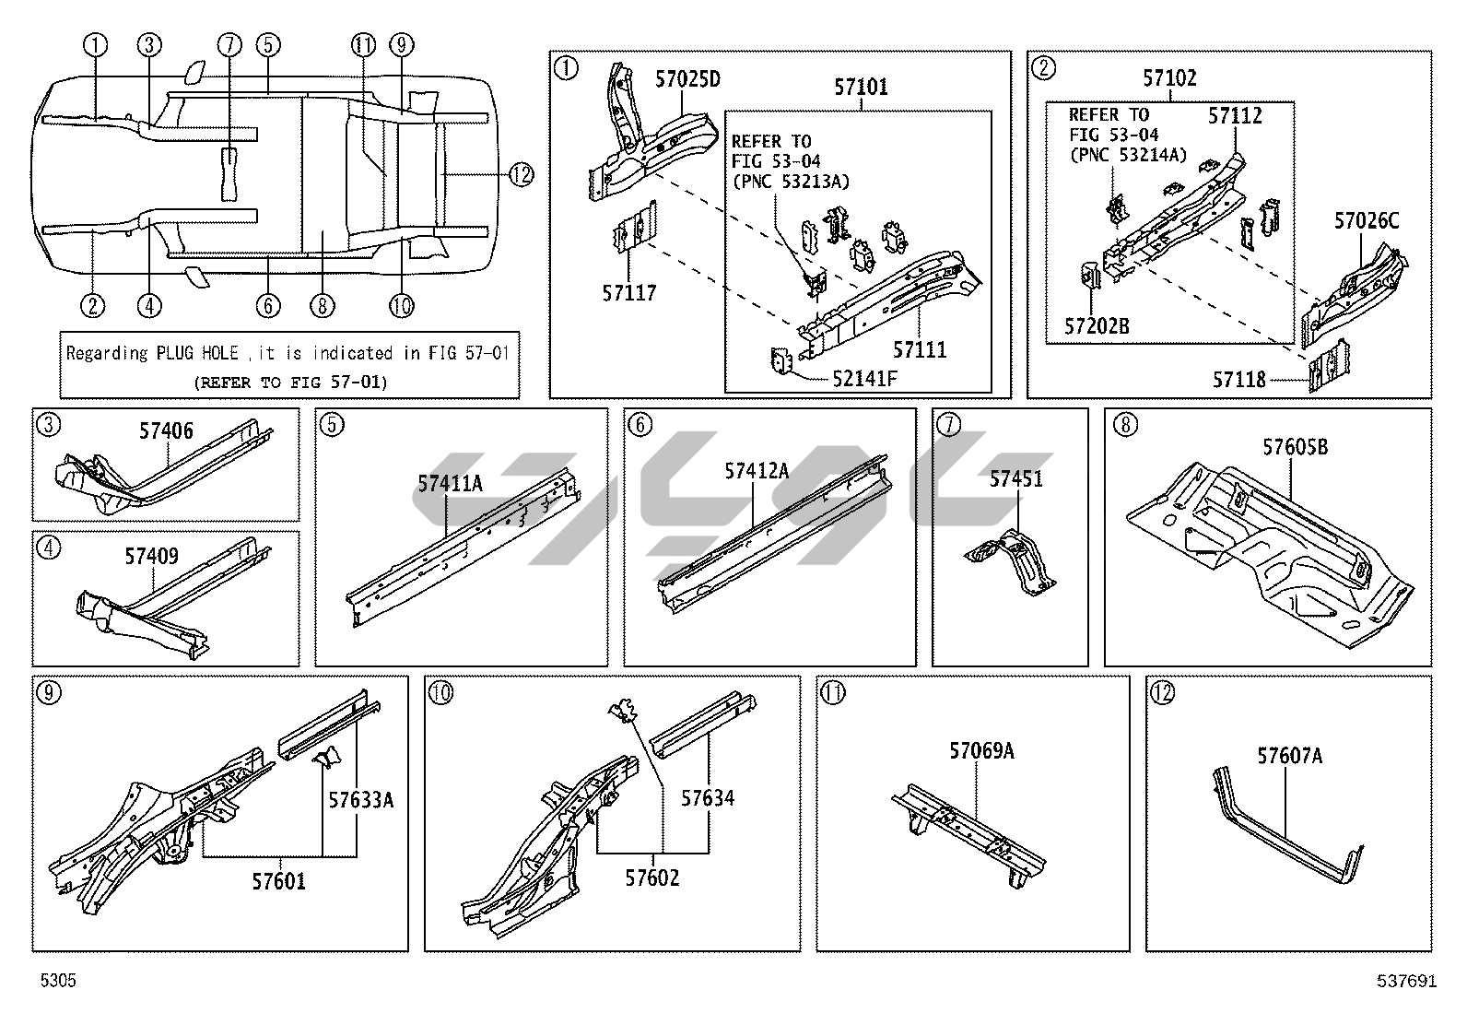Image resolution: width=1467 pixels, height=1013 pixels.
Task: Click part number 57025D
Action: pos(687,79)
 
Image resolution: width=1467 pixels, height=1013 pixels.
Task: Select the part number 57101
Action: pos(861,88)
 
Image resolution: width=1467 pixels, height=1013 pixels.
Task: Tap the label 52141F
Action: pos(864,377)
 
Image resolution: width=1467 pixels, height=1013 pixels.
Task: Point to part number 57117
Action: pos(629,293)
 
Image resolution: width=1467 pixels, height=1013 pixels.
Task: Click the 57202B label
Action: pos(1097,326)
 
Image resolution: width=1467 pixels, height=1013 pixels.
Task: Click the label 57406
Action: pos(166,430)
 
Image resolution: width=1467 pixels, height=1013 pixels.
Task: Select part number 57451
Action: pos(1016,479)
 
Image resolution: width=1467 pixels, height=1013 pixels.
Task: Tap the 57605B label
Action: pos(1295,448)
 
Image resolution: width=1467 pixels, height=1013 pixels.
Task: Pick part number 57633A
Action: pos(361,800)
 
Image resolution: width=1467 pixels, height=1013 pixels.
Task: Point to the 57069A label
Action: pos(981,752)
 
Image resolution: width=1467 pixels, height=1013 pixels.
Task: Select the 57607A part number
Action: pos(1289,757)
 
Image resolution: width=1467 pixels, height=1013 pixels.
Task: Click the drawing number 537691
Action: pos(1406,982)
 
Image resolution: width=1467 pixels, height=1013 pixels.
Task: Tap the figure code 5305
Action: pos(58,982)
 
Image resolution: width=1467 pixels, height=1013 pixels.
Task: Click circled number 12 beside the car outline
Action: pos(522,174)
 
